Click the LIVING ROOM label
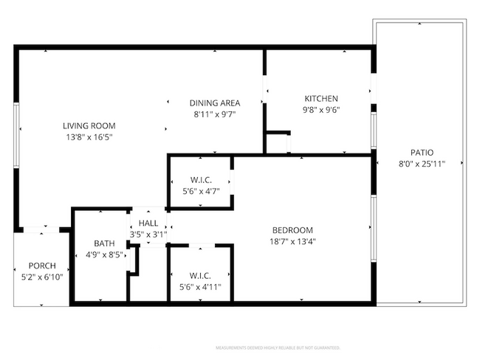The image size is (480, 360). point(89,125)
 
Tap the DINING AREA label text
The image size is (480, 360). point(215,103)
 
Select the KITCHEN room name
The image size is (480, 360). point(321,99)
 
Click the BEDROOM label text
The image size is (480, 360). point(292,229)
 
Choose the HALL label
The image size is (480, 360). point(148,224)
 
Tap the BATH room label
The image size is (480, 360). point(103,243)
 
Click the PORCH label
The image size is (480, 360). point(42,266)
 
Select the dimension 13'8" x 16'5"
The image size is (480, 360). point(89,137)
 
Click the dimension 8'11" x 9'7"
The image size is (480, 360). point(215,114)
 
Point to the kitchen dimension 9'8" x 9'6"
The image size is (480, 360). point(321,111)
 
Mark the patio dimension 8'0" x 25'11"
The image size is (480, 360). point(422,165)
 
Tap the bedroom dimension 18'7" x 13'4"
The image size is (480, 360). point(292,241)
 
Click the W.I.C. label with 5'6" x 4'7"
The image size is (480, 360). point(200,180)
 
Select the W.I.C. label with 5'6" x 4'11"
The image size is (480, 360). point(200,275)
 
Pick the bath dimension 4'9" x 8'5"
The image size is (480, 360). point(103,255)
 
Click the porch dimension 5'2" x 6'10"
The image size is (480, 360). point(42,277)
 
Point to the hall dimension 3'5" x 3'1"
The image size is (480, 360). point(148,235)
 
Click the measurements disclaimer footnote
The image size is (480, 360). point(277,347)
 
